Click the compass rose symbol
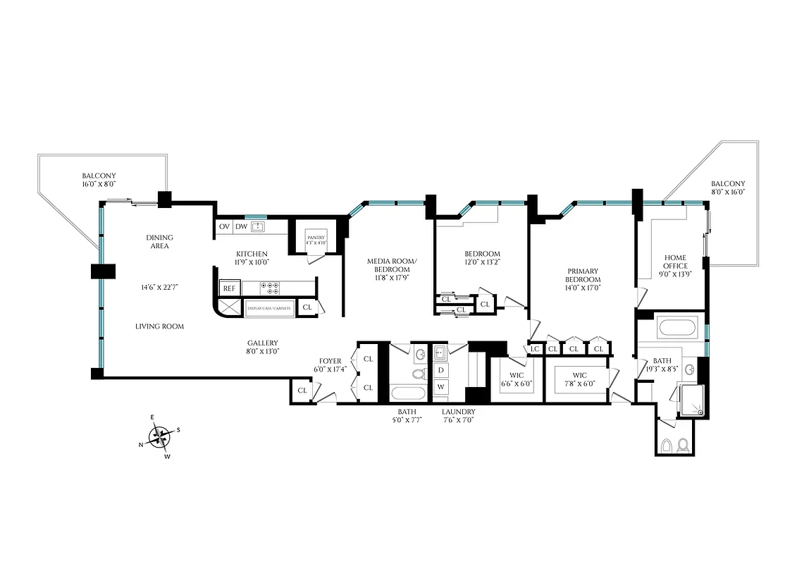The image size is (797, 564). pos(161,438)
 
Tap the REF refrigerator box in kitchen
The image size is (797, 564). pos(228,288)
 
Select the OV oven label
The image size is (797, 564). pos(225,226)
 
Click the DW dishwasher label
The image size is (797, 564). pos(241,226)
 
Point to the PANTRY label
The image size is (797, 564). pos(316,238)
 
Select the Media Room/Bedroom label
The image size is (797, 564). pos(393,265)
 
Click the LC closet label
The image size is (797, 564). pos(535,349)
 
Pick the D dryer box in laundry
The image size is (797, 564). pos(441,370)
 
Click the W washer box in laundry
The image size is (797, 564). pos(441,386)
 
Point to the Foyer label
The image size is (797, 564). pos(330,361)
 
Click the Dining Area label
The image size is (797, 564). pos(159,242)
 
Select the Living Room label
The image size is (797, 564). pos(160,326)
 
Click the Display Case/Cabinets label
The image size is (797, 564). pos(268,308)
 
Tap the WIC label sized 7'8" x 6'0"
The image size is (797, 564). pos(579,379)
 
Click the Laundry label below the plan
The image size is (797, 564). pos(458,412)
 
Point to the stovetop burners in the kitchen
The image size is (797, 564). pos(271,288)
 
